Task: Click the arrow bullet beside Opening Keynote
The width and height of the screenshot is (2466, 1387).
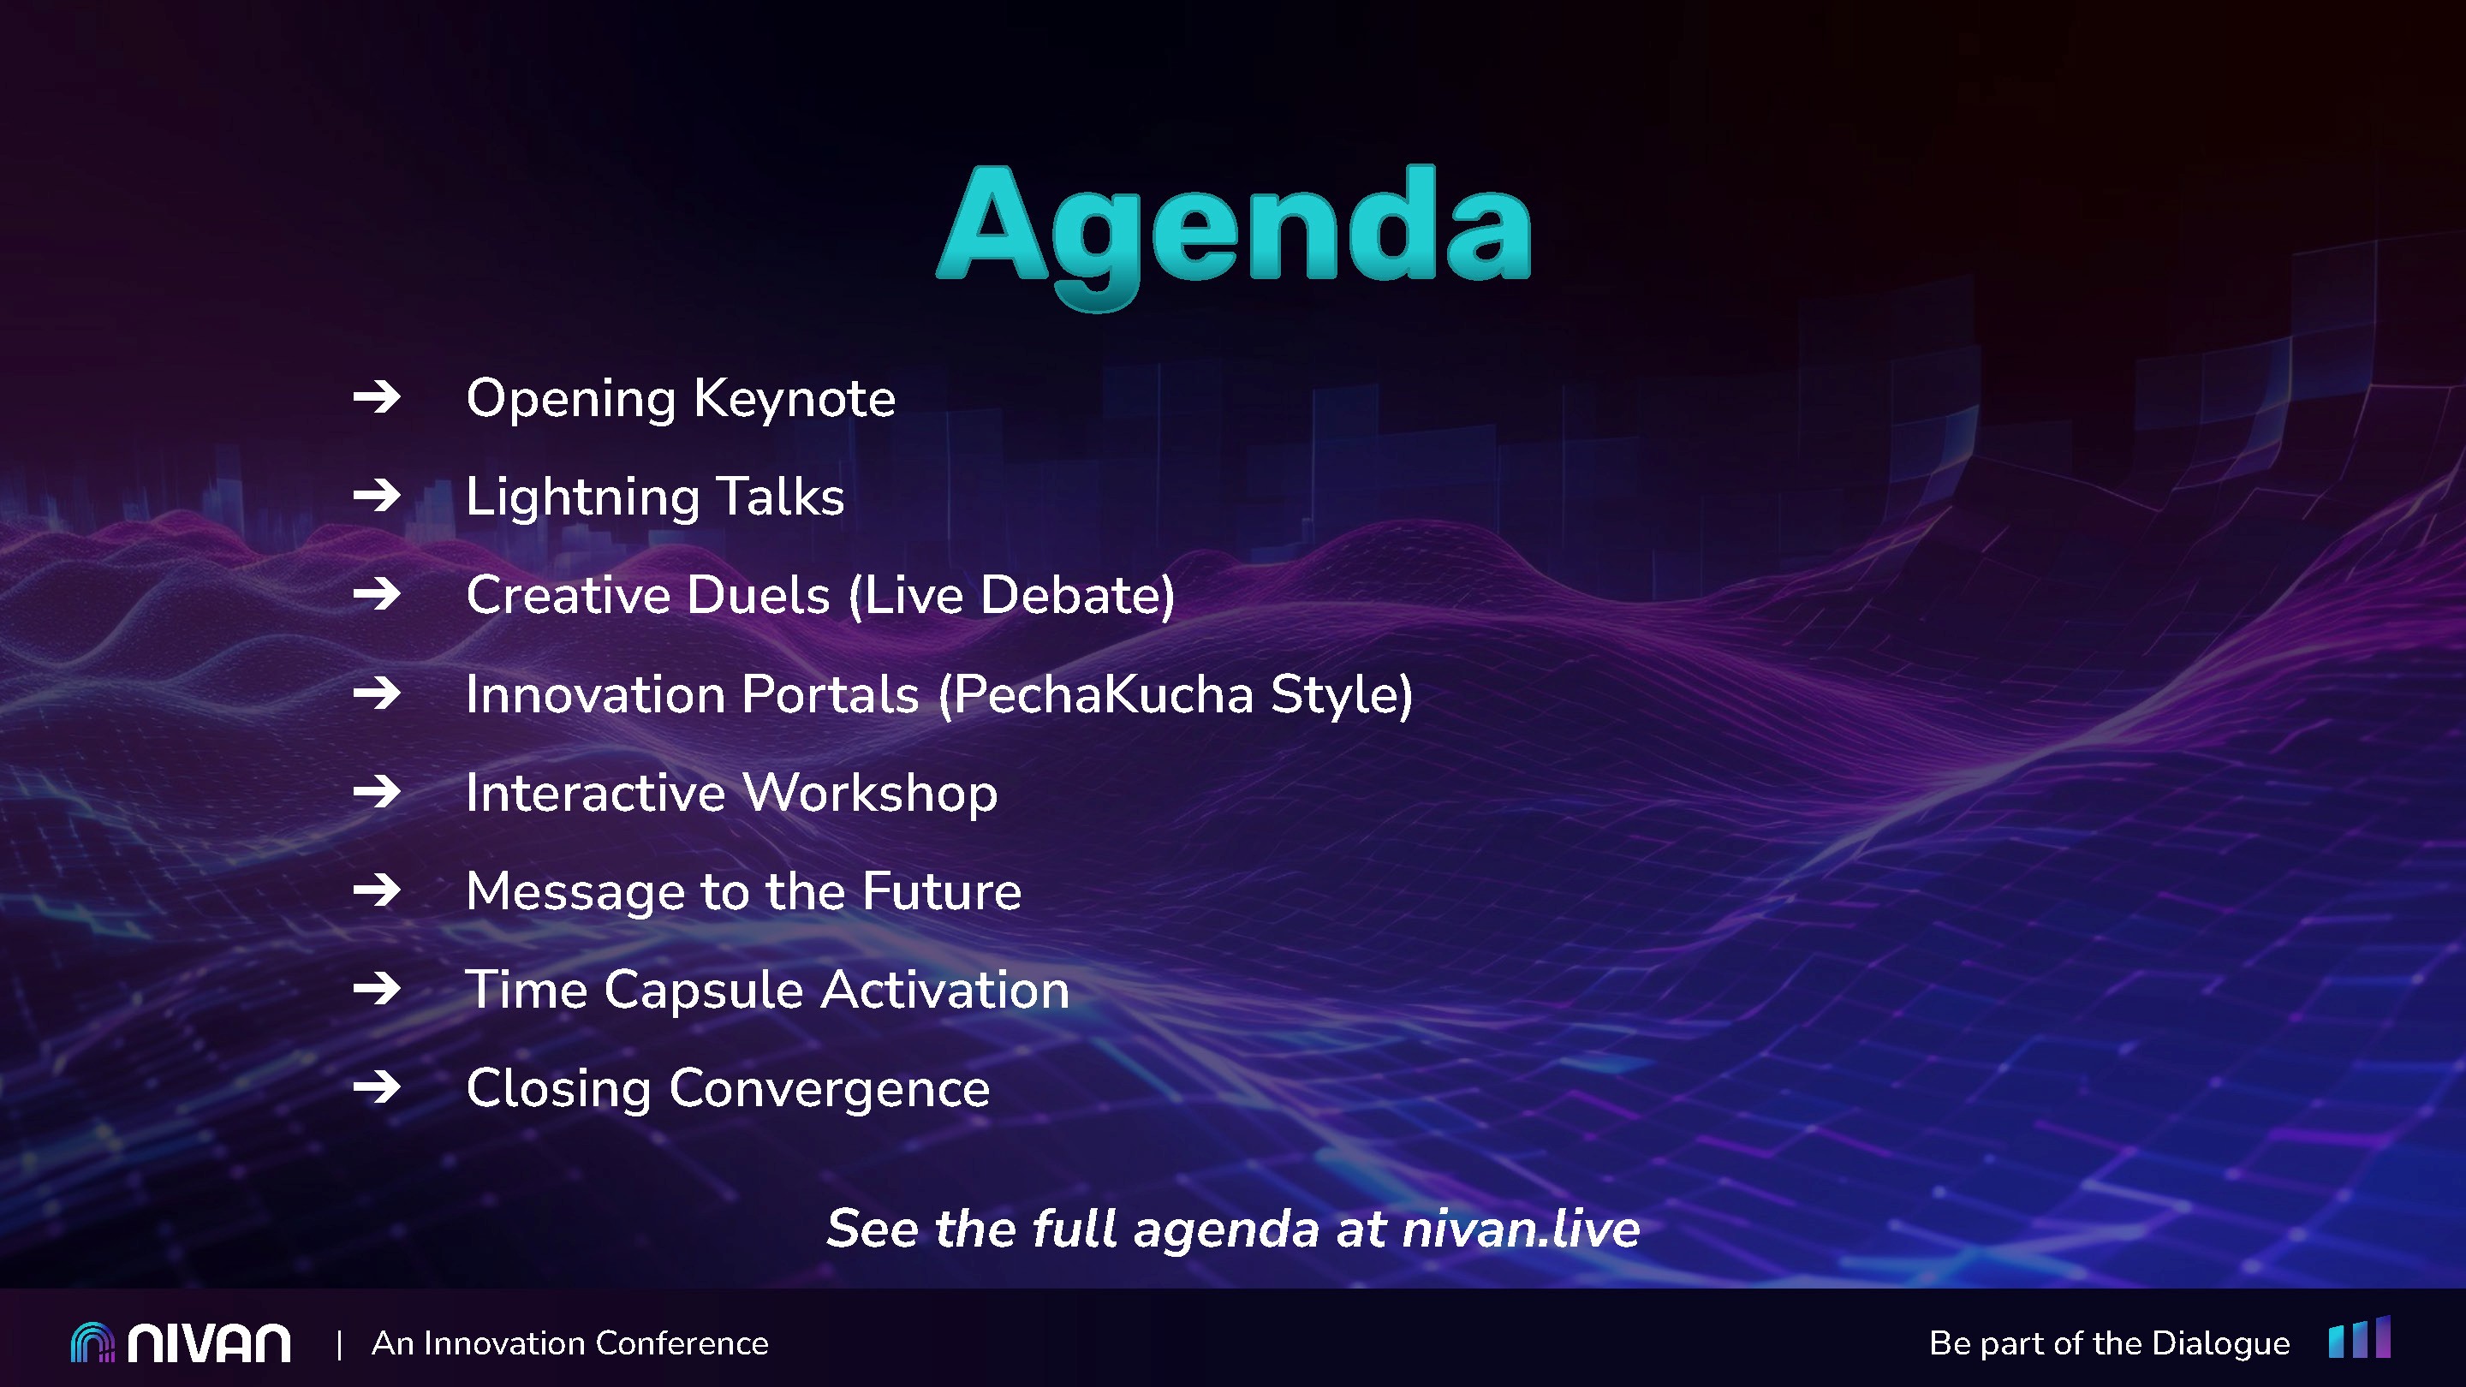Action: pyautogui.click(x=377, y=397)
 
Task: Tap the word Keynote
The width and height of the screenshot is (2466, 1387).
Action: pyautogui.click(x=795, y=399)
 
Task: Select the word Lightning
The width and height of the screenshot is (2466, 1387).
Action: pyautogui.click(x=583, y=497)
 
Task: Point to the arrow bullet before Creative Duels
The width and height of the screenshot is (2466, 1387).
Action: pyautogui.click(x=377, y=594)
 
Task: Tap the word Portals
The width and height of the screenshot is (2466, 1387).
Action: pyautogui.click(x=830, y=695)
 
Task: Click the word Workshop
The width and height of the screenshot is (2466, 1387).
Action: pyautogui.click(x=870, y=794)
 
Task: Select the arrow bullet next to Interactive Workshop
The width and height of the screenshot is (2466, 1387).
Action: pyautogui.click(x=377, y=792)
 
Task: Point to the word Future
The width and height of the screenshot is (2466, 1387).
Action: pyautogui.click(x=942, y=892)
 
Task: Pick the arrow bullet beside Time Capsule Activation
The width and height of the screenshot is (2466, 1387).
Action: pyautogui.click(x=377, y=989)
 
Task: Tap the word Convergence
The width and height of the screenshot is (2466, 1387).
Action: pyautogui.click(x=829, y=1089)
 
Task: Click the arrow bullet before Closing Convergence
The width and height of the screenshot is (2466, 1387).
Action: pyautogui.click(x=377, y=1087)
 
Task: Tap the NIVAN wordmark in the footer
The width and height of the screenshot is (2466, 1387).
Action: pyautogui.click(x=210, y=1343)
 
